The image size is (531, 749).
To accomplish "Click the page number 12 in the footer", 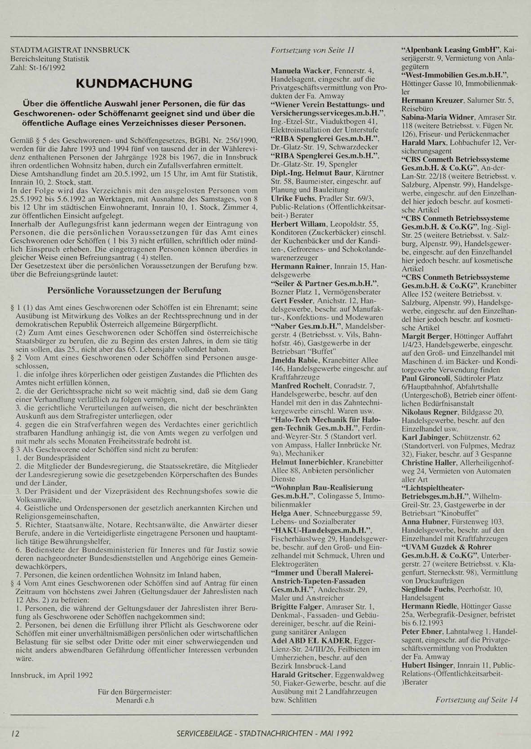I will pos(15,733).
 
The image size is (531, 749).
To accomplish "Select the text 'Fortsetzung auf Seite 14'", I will pos(476,700).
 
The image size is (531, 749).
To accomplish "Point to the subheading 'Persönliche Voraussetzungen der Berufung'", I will pos(134,290).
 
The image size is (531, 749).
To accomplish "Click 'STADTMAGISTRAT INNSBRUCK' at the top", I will pos(70,50).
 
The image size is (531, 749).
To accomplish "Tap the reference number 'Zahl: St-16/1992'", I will pos(38,67).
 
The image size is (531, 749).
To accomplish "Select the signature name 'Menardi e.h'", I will pos(135,700).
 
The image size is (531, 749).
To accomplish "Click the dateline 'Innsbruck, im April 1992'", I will pos(52,674).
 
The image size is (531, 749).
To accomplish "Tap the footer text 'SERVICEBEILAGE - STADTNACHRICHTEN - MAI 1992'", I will pos(265,733).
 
